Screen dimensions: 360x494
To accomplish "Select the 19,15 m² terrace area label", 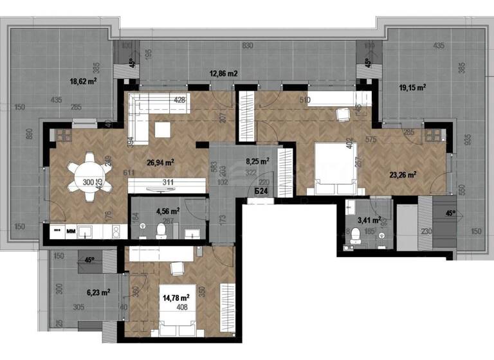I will pos(413,86).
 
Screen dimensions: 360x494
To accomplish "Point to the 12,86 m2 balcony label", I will pos(223,73).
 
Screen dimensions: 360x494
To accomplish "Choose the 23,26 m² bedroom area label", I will pos(401,174).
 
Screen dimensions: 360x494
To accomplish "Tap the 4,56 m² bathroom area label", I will pos(167,210).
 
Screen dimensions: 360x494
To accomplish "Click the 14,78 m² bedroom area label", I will pos(175,298).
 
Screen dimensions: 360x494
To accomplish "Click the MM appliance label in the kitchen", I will pos(71,230).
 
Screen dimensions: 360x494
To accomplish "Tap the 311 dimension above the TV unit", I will pos(168,183).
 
